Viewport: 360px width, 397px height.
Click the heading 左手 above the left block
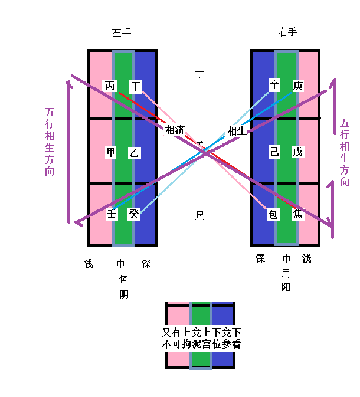point(121,33)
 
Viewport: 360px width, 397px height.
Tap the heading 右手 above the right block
point(287,32)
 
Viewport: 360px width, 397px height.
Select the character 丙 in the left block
point(110,86)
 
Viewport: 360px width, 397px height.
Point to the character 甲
point(111,152)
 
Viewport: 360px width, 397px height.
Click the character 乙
point(135,153)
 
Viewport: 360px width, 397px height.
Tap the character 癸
point(135,214)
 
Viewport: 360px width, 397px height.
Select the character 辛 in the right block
point(274,86)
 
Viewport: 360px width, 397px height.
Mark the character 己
point(274,152)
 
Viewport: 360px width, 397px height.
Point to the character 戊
point(297,152)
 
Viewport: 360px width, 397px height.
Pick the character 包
point(273,214)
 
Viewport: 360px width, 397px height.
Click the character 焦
point(298,214)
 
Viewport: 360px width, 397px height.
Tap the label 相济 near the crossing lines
point(175,130)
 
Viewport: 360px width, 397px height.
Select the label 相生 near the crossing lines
point(236,131)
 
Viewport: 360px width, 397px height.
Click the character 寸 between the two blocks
point(200,74)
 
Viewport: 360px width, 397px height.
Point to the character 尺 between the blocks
point(199,216)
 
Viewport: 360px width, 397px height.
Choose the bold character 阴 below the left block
point(124,294)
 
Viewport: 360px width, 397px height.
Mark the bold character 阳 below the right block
point(286,287)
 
